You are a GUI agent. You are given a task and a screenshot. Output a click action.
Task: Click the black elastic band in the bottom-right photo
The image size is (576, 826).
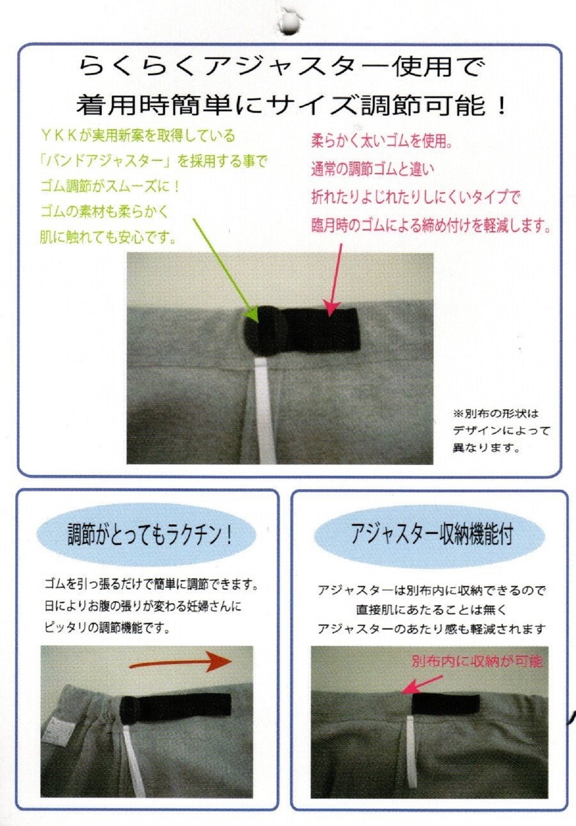tap(445, 704)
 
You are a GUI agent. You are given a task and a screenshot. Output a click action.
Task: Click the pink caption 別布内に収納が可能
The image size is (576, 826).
tap(477, 662)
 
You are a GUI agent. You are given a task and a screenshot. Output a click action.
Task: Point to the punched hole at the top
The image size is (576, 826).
tap(289, 22)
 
